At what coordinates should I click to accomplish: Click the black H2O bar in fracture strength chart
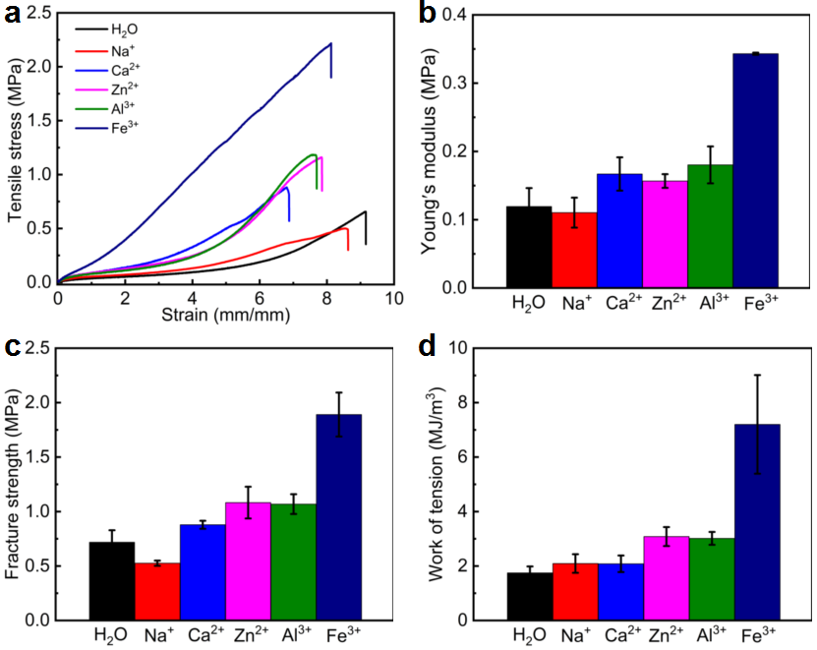111,581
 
